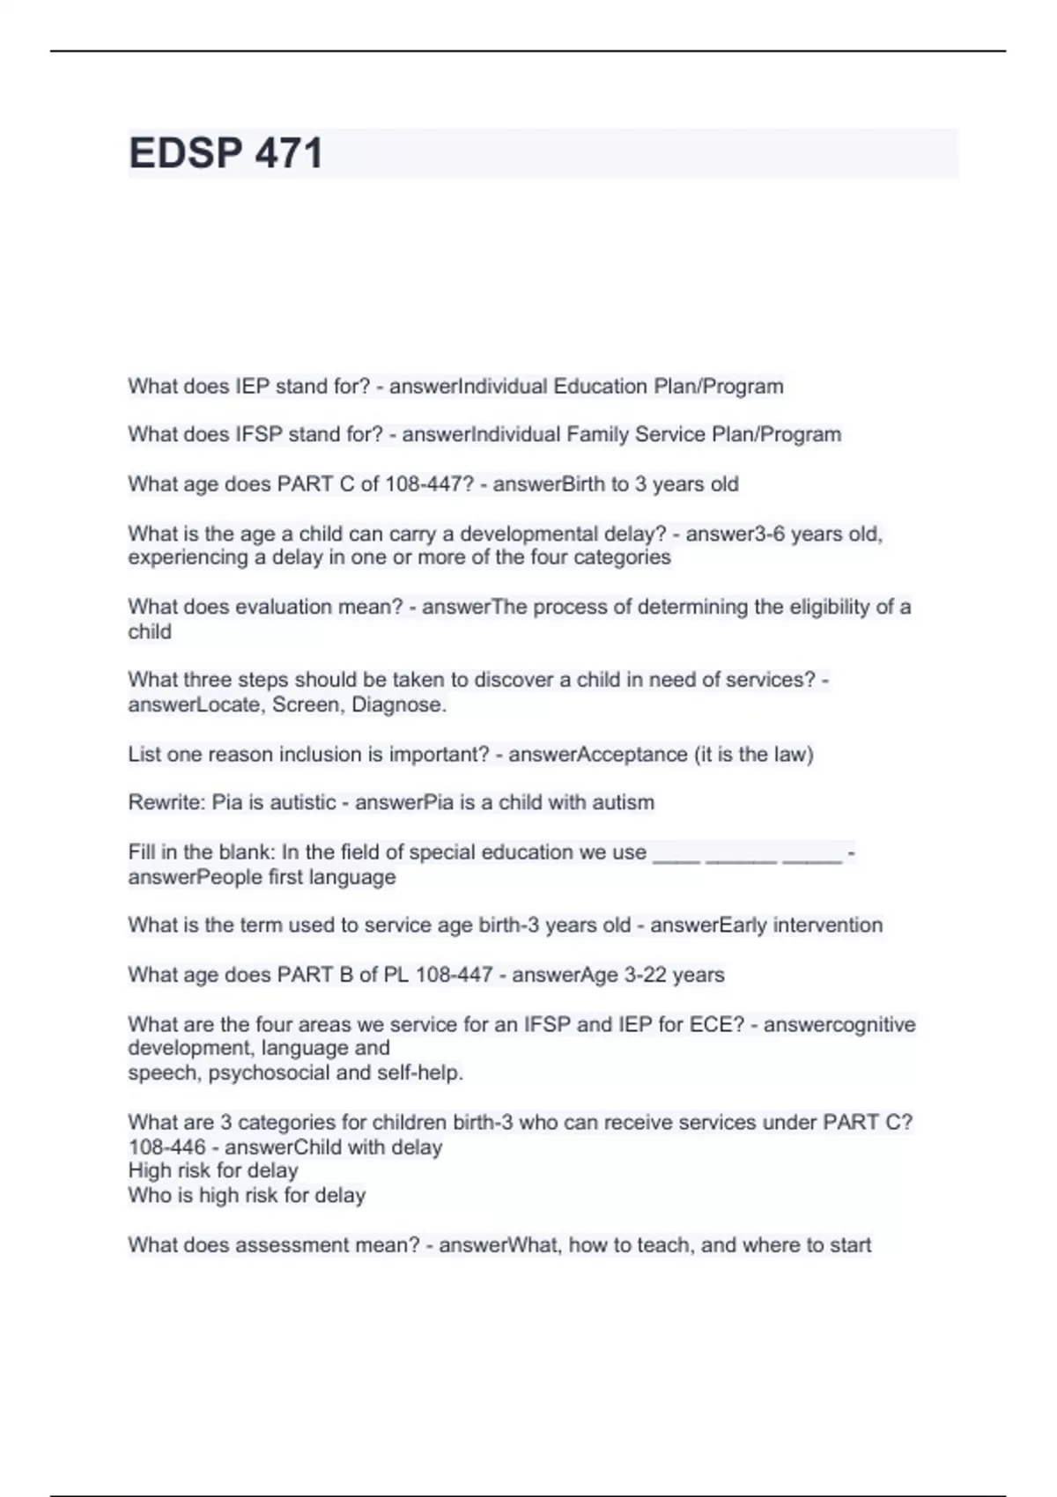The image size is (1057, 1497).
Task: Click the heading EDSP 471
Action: (x=225, y=153)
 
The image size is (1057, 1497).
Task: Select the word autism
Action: (x=624, y=802)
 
